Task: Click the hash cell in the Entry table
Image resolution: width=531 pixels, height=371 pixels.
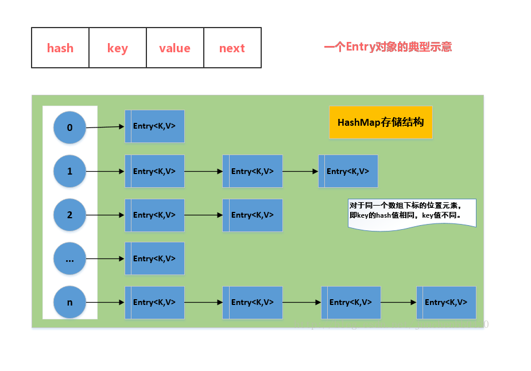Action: pos(60,48)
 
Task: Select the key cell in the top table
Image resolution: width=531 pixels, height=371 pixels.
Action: pos(118,48)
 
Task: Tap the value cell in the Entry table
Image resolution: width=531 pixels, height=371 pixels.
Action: pos(175,48)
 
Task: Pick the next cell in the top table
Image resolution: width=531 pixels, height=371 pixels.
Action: pos(232,48)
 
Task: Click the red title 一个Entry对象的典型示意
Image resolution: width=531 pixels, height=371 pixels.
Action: pos(388,47)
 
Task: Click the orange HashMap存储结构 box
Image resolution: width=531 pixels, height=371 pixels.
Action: pos(381,122)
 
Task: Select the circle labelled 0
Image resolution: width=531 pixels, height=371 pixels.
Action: pos(69,127)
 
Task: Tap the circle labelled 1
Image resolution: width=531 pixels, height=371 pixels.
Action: pos(69,171)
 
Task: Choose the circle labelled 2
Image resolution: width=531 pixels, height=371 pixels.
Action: pos(69,215)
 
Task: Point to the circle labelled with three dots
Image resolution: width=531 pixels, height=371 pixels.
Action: pos(69,258)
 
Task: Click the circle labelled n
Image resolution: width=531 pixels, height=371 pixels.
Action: pos(69,302)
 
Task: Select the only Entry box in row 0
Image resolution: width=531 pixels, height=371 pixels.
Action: pos(155,126)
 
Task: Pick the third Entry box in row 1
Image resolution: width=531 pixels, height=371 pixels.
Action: pos(348,171)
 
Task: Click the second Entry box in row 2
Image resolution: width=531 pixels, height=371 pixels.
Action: pos(253,215)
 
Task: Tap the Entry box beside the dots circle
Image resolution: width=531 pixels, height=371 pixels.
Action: pos(155,258)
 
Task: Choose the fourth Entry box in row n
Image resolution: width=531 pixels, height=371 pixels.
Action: pos(446,302)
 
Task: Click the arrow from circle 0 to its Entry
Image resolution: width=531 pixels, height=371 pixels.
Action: pos(105,127)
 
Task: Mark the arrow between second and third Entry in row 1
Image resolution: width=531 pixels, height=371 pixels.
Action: pos(300,171)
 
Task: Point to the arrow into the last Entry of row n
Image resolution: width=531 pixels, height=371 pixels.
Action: pos(398,302)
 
